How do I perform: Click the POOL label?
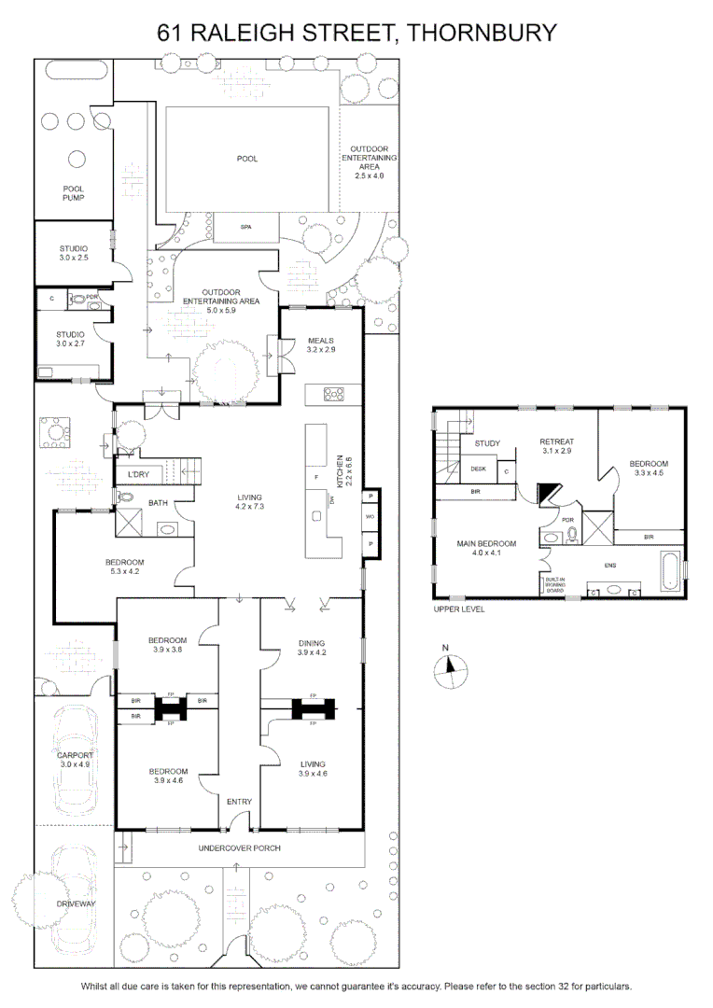[x=247, y=159]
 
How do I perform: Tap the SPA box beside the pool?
[x=246, y=228]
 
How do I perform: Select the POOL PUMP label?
[x=74, y=193]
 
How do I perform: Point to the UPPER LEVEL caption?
[x=459, y=609]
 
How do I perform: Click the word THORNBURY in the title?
[x=482, y=32]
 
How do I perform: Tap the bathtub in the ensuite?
[x=671, y=570]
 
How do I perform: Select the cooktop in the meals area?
[x=333, y=394]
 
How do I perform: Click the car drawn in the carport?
[x=75, y=761]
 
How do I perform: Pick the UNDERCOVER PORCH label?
[x=239, y=847]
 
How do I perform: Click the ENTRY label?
[x=239, y=802]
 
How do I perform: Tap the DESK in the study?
[x=479, y=469]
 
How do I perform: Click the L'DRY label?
[x=138, y=474]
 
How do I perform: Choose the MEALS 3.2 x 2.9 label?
[x=321, y=345]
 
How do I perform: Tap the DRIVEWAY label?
[x=76, y=903]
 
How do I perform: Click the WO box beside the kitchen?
[x=370, y=516]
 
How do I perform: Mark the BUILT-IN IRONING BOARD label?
[x=555, y=584]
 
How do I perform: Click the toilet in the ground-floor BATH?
[x=125, y=497]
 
